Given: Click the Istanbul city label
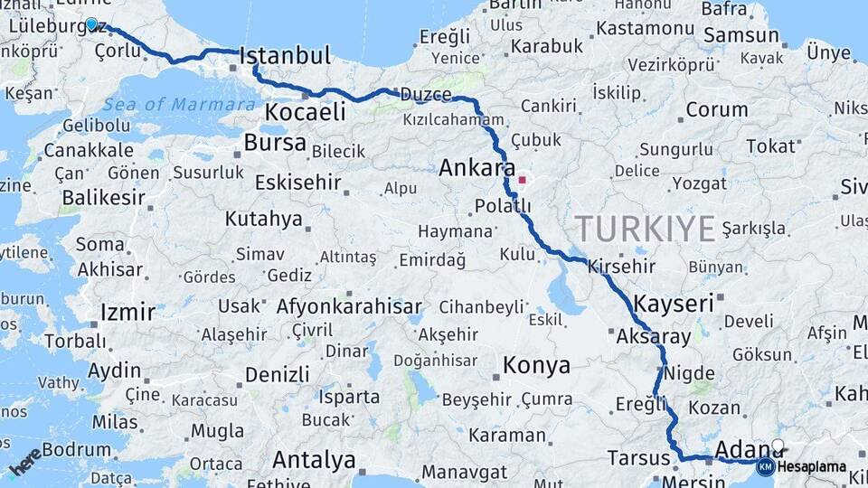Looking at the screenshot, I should click(x=286, y=56).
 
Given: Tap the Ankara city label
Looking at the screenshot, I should click(x=476, y=168).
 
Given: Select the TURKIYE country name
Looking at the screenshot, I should click(x=645, y=229).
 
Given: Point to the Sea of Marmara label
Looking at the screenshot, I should click(x=179, y=105).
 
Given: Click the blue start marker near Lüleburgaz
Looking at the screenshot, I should click(x=91, y=24).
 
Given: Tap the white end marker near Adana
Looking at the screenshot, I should click(x=778, y=446).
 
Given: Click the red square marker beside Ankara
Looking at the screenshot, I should click(x=522, y=180).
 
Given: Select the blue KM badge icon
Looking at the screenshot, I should click(x=765, y=466).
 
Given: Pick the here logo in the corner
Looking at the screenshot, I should click(x=25, y=461).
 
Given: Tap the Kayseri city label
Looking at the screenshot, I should click(x=674, y=304).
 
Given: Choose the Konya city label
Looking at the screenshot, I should click(x=536, y=365).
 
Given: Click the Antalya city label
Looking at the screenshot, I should click(x=314, y=460).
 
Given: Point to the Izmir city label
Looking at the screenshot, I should click(x=127, y=313).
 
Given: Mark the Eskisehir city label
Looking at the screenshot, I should click(x=297, y=183).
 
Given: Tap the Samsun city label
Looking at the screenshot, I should click(x=741, y=36).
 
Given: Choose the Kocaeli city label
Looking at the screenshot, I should click(x=306, y=112).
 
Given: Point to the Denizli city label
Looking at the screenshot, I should click(x=277, y=374).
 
